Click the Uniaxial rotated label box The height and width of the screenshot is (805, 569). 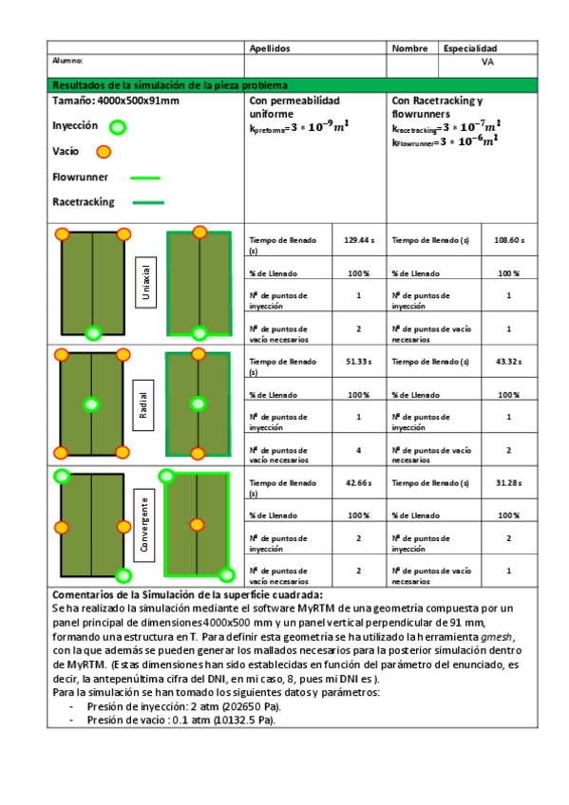tap(146, 282)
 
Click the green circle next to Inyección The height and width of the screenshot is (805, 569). tap(117, 126)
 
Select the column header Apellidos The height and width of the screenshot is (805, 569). tap(270, 48)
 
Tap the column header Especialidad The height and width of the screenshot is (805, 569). tap(470, 48)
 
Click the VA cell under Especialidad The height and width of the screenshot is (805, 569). tap(487, 62)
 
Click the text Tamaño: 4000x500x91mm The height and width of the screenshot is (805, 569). tap(116, 101)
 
